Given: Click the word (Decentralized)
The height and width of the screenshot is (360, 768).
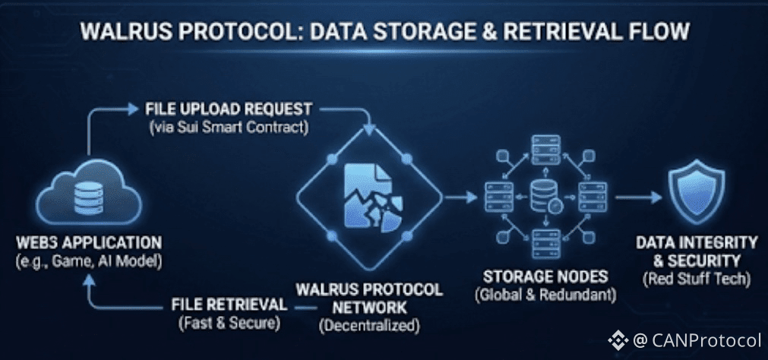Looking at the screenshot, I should (369, 327).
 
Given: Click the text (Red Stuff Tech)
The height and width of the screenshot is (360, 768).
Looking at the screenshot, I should (696, 279).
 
